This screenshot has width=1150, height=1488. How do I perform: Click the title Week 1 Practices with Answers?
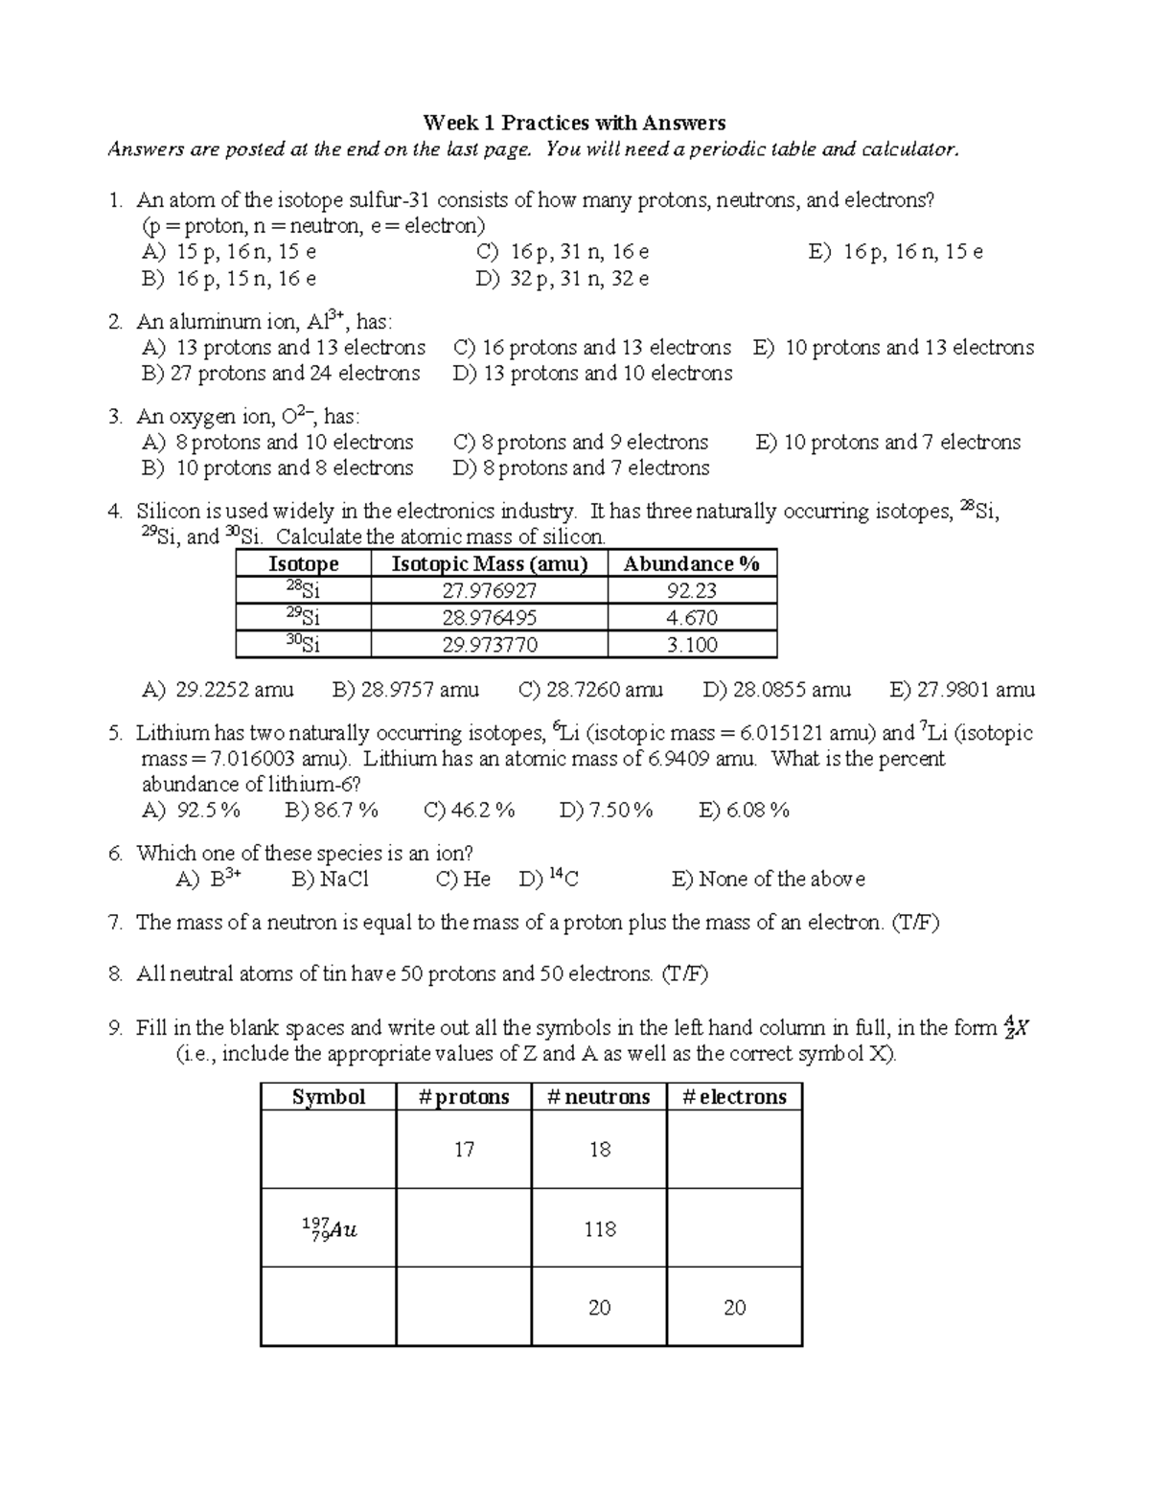click(574, 123)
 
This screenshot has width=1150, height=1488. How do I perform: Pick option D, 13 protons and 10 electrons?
click(591, 374)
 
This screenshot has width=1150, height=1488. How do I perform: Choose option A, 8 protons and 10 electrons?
click(278, 443)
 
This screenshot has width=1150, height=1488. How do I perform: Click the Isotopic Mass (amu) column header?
click(489, 563)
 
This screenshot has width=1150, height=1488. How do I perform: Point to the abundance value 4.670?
click(691, 618)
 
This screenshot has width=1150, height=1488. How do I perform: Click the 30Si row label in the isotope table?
click(303, 644)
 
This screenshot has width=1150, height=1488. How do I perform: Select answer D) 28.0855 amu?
click(776, 690)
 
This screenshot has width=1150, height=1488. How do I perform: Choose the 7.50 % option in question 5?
click(606, 811)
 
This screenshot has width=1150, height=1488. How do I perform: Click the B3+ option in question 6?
click(208, 880)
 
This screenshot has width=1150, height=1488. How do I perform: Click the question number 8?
click(115, 974)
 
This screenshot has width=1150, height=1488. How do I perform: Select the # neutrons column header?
click(598, 1097)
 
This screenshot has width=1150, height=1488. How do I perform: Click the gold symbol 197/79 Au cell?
click(329, 1229)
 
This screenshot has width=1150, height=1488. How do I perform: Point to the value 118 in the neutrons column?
click(599, 1229)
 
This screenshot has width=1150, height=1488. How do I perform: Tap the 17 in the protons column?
click(464, 1150)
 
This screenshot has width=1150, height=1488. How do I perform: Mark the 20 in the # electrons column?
click(734, 1308)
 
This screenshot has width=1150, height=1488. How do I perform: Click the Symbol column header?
click(329, 1097)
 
